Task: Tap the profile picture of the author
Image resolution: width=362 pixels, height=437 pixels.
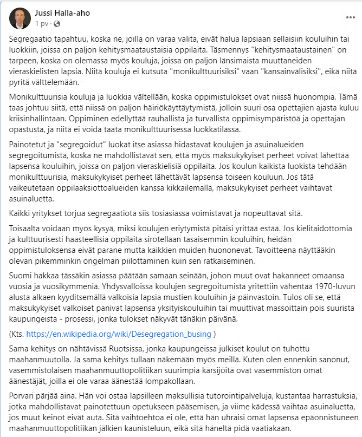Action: [x=20, y=18]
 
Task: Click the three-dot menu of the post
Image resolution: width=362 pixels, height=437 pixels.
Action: [x=350, y=17]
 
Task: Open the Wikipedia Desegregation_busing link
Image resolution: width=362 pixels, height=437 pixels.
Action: [x=119, y=333]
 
